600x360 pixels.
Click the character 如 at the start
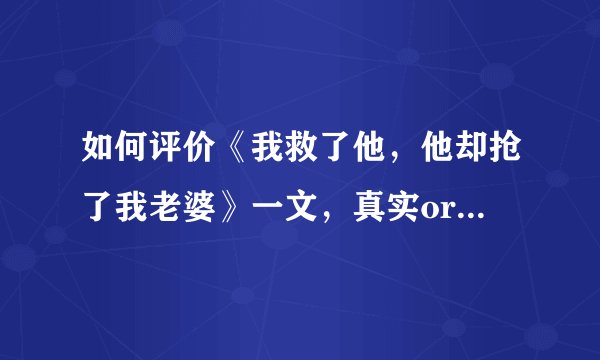click(88, 150)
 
